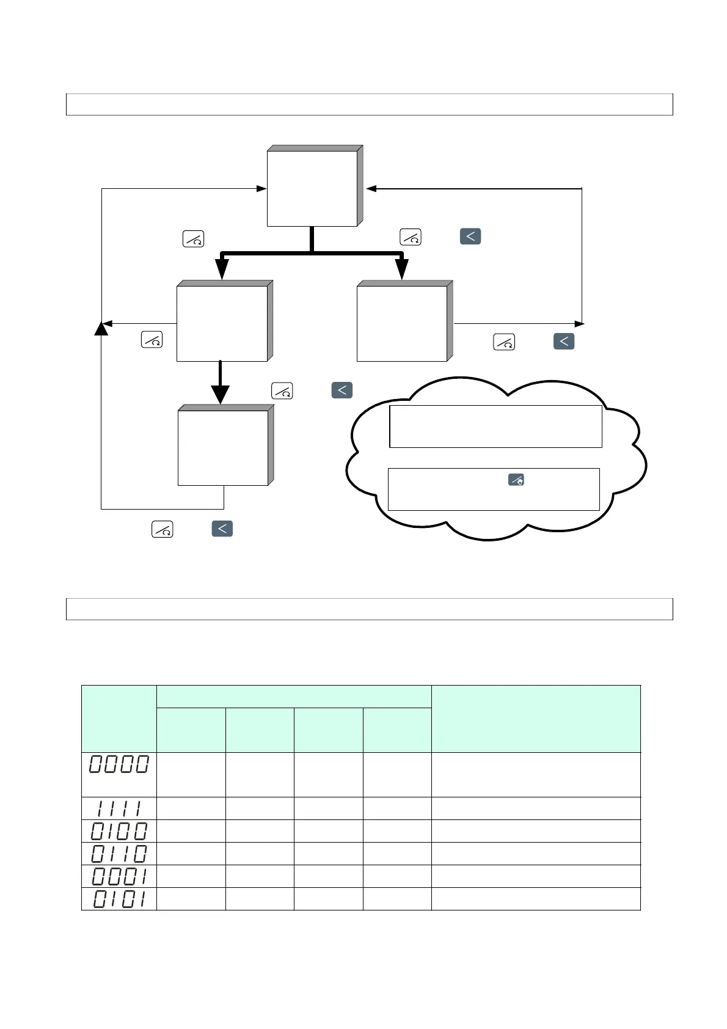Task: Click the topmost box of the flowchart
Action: coord(312,189)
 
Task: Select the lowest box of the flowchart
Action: coord(223,448)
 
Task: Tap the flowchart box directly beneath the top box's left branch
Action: coord(222,324)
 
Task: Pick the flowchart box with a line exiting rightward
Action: coord(402,324)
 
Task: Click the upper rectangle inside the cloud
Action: coord(495,426)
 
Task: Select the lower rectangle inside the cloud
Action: coord(494,489)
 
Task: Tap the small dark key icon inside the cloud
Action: coord(516,480)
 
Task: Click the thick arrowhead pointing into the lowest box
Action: coord(220,395)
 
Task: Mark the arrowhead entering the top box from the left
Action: coord(261,189)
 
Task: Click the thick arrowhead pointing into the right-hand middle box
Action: coord(402,269)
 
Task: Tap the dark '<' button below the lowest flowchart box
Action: coord(222,529)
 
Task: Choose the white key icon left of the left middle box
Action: coord(152,340)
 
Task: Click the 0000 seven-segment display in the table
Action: coord(119,764)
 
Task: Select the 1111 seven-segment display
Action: coord(119,808)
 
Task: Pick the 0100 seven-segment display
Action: coord(119,831)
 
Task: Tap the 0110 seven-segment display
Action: coord(119,854)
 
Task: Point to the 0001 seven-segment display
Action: coord(119,876)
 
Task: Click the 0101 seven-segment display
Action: coord(119,899)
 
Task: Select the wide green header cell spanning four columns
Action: coord(294,697)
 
